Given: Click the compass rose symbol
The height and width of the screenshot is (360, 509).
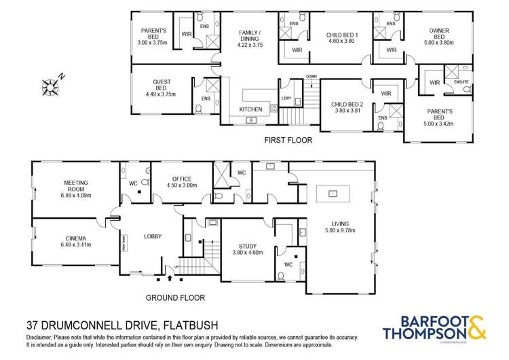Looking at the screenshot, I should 51,86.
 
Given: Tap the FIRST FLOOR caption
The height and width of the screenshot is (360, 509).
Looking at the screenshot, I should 288,141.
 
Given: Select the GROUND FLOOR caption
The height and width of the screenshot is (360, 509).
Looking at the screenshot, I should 175,298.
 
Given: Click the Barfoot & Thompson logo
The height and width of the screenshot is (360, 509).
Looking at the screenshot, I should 434,327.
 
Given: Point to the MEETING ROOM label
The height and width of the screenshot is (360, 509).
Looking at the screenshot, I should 77,187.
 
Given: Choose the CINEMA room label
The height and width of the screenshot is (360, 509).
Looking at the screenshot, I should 76,242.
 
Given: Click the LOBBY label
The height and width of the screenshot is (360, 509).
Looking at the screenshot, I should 153,236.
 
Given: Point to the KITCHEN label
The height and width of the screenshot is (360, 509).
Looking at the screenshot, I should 250,109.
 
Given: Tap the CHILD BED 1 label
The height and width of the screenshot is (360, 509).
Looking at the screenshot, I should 343,38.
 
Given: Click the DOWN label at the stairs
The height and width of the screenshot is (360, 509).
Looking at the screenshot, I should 312,77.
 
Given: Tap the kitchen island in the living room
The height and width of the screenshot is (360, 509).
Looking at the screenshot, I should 333,194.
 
